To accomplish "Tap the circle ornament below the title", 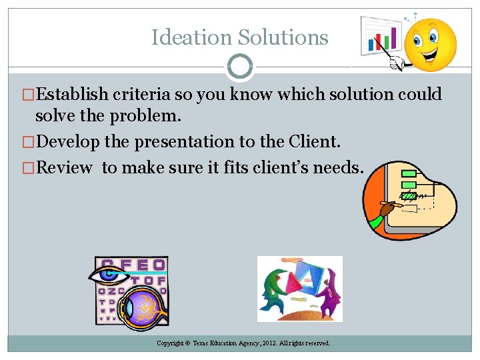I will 240,67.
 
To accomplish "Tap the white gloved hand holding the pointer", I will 399,62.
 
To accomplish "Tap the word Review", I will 64,167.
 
